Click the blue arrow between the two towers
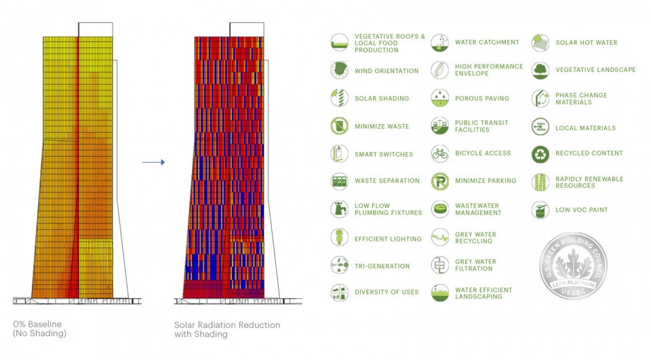coord(154,162)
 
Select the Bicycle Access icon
coord(440,153)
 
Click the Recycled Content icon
coord(540,154)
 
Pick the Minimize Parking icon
coord(440,181)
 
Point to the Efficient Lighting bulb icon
coord(339,238)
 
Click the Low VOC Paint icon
coord(540,209)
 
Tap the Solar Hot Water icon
coord(540,42)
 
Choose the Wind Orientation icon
coord(339,70)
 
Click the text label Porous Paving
coord(482,98)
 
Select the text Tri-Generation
coord(382,266)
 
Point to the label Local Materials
coord(585,128)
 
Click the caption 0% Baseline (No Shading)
coord(39,329)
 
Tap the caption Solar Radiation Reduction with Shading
coord(226,329)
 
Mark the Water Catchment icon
coord(440,42)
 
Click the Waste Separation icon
coord(339,181)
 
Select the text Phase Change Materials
coord(581,99)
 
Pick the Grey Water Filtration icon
coord(440,265)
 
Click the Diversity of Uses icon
coord(339,292)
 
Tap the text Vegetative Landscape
coord(595,70)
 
